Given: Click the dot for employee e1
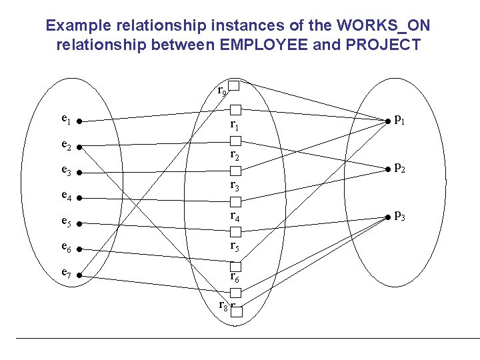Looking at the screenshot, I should pyautogui.click(x=79, y=122).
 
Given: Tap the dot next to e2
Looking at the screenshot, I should pyautogui.click(x=79, y=147).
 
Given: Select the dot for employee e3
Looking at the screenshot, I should pyautogui.click(x=79, y=173).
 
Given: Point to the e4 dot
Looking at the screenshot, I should pyautogui.click(x=79, y=198).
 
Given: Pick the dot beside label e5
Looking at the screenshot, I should pyautogui.click(x=79, y=223).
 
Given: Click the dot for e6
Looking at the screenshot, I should pyautogui.click(x=79, y=249).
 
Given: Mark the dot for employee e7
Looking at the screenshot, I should pyautogui.click(x=79, y=274).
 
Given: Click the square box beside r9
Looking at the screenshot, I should pyautogui.click(x=234, y=85).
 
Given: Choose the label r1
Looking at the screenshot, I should pyautogui.click(x=234, y=125).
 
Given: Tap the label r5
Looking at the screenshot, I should pyautogui.click(x=235, y=247).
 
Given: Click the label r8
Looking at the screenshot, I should pyautogui.click(x=224, y=306).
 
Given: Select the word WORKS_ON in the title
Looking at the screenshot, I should pyautogui.click(x=383, y=26).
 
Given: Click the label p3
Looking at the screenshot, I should pyautogui.click(x=399, y=215).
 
